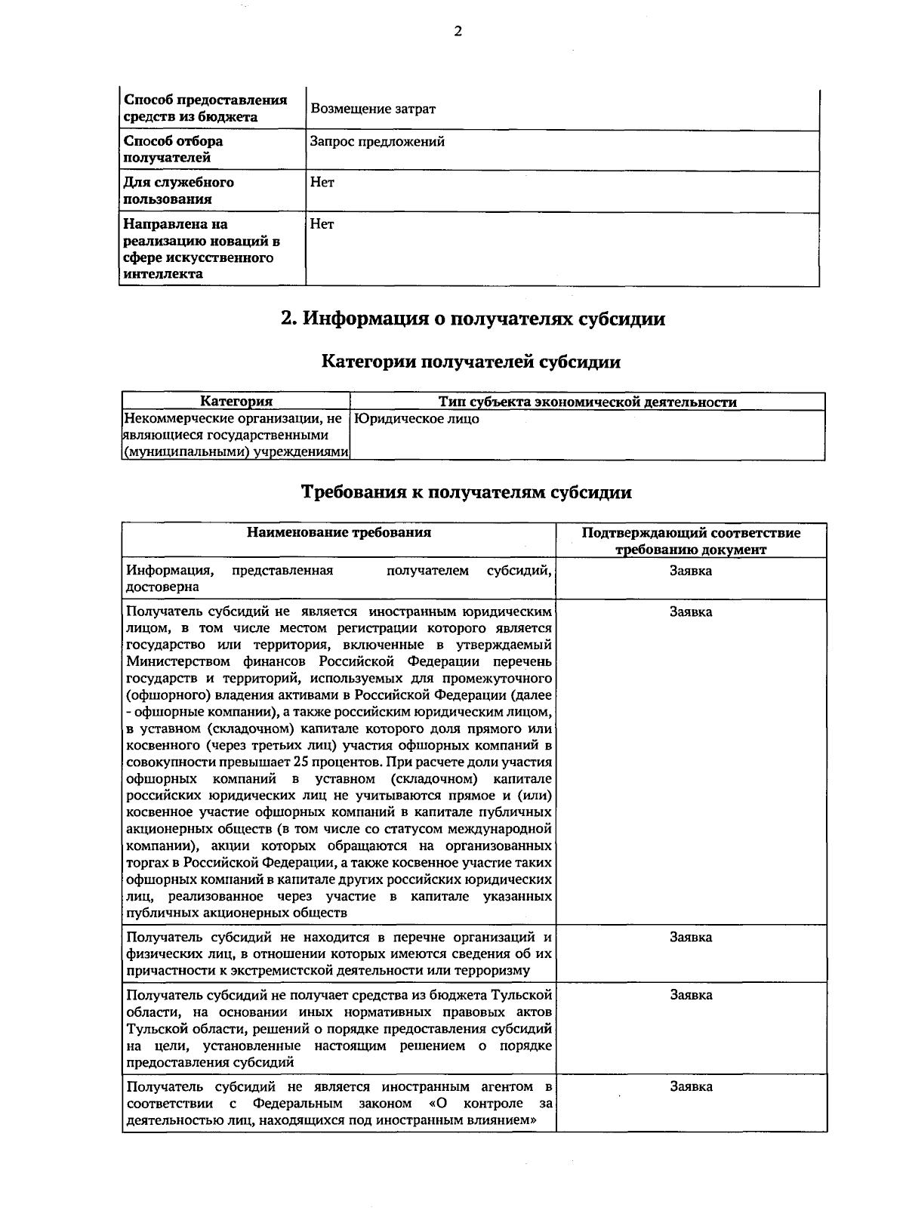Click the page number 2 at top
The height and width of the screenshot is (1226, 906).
coord(457,31)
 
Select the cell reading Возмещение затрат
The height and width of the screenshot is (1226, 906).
coord(373,109)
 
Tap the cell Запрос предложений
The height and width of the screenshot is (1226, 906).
coord(377,141)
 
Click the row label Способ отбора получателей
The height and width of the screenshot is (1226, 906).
coord(173,149)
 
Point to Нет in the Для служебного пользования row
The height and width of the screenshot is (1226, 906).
coord(322,182)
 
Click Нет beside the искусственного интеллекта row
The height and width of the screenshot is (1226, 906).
coord(322,224)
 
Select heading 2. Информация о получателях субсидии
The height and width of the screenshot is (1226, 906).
coord(473,319)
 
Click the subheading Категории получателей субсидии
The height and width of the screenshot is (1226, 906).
coord(471,362)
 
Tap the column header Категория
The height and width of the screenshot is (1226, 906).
coord(236,402)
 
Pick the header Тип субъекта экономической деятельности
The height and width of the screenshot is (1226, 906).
coord(587,402)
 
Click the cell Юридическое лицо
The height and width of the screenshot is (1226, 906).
coord(417,419)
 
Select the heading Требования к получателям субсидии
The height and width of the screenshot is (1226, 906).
coord(467,492)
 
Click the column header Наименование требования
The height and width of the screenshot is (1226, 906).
coord(339,532)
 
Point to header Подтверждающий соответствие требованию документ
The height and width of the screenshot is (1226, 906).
coord(691,541)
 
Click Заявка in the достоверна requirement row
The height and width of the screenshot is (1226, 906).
coord(691,571)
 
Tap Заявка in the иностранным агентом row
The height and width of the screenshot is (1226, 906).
coord(691,1087)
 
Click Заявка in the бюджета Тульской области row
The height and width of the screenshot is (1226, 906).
coord(691,995)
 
